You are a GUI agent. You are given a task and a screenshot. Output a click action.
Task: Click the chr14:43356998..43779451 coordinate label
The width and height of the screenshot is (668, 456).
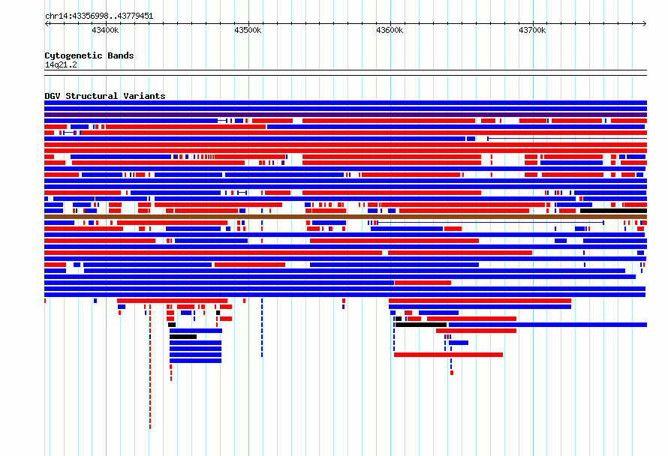coord(99,16)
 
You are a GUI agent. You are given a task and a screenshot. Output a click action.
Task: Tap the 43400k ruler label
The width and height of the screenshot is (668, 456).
coord(105,30)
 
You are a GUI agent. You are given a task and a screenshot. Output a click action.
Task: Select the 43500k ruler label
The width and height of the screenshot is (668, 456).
coord(248,30)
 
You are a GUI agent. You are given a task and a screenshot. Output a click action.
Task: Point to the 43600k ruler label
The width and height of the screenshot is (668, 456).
coord(390,30)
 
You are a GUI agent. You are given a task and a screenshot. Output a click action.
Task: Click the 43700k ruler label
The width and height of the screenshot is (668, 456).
coord(531,30)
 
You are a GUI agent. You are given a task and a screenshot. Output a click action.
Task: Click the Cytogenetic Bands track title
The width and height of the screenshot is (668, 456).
coord(89,55)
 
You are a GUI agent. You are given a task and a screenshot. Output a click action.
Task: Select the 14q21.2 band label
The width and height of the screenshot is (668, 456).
coord(61,64)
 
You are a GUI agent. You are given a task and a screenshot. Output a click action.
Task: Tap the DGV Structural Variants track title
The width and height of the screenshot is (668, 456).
coord(105,96)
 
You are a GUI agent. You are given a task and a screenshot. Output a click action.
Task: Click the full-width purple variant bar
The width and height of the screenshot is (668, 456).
coord(345,115)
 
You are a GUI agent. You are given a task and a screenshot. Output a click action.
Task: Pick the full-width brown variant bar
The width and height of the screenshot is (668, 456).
coord(345,217)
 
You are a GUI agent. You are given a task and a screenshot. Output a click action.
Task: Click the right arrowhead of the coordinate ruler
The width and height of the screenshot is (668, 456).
coord(645,24)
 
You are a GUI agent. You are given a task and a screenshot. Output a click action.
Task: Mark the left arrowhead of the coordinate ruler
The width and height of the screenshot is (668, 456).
coord(47,24)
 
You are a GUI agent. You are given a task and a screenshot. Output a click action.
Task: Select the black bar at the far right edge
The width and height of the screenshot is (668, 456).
coord(613,211)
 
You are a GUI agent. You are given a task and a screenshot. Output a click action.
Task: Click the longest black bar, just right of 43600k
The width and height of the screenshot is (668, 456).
coord(421,325)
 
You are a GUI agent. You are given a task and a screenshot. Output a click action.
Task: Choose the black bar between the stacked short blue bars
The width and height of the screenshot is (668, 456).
coord(183,337)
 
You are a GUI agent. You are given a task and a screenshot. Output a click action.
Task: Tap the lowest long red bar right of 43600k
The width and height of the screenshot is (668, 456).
coord(448,355)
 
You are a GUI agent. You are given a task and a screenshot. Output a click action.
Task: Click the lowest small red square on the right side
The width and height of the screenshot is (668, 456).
coord(452,373)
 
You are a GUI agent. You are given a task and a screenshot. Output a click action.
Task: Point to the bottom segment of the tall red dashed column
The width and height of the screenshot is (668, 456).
coord(150,427)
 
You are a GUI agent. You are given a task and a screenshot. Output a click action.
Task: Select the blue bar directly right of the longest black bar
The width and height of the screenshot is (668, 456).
coord(548,325)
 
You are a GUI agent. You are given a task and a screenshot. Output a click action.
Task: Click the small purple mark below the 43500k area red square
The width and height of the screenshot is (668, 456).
coord(343,307)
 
